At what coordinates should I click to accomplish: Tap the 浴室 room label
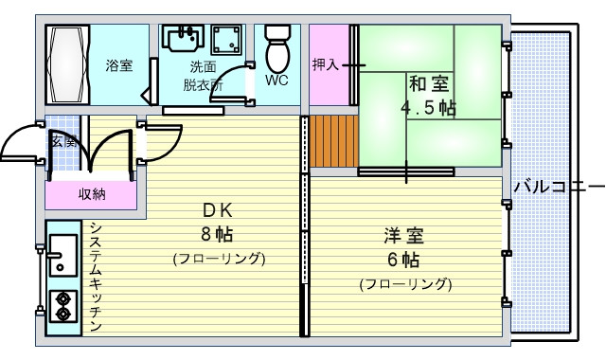pos(118,65)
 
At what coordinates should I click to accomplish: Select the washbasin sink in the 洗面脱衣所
pos(183,39)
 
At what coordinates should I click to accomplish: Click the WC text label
pos(276,81)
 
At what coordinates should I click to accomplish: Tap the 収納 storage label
pos(92,194)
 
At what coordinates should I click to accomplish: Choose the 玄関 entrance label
pos(63,141)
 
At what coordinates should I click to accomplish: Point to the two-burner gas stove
pos(63,305)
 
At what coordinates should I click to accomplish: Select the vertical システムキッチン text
pos(96,277)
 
